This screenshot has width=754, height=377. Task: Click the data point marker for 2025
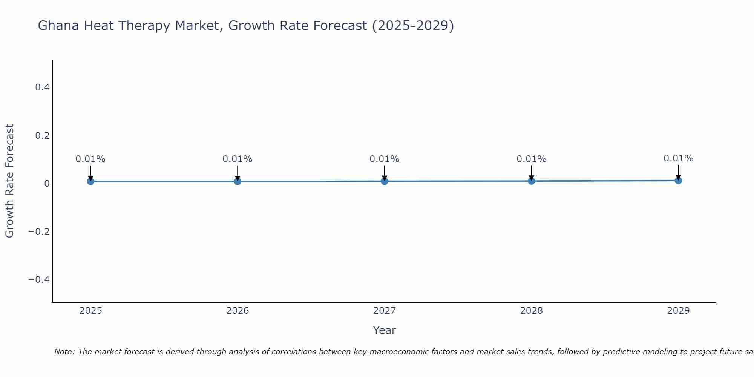[90, 181]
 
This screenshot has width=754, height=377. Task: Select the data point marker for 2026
[238, 181]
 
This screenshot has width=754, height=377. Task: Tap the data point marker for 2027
[385, 181]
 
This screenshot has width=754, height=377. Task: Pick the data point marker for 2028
[532, 181]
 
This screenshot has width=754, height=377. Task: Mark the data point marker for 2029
[678, 181]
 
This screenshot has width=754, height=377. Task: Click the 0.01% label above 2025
[90, 159]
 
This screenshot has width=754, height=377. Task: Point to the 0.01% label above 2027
[385, 159]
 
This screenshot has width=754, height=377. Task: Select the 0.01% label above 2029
[678, 158]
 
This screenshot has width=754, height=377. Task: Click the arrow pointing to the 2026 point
[238, 173]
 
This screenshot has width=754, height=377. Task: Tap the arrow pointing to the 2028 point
[532, 173]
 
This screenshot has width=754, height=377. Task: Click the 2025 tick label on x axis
[90, 311]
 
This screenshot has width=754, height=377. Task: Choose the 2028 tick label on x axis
[532, 311]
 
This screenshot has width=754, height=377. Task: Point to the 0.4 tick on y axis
[42, 87]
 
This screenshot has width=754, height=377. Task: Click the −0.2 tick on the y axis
[39, 231]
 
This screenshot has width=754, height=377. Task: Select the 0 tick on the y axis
[47, 184]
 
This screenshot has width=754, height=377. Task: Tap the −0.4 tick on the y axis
[39, 279]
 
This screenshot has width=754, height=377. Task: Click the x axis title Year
[384, 330]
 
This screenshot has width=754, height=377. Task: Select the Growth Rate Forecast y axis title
[9, 181]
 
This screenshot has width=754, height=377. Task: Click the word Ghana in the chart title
[58, 26]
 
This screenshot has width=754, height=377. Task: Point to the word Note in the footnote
[64, 352]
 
